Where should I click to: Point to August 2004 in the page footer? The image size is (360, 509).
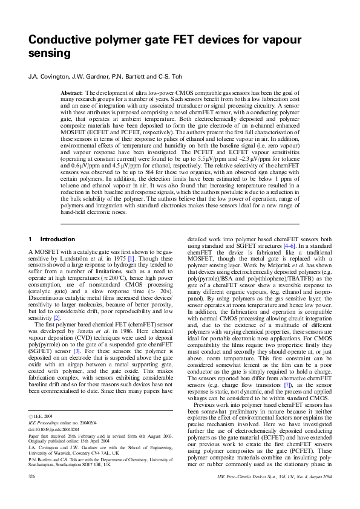[318, 494]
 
